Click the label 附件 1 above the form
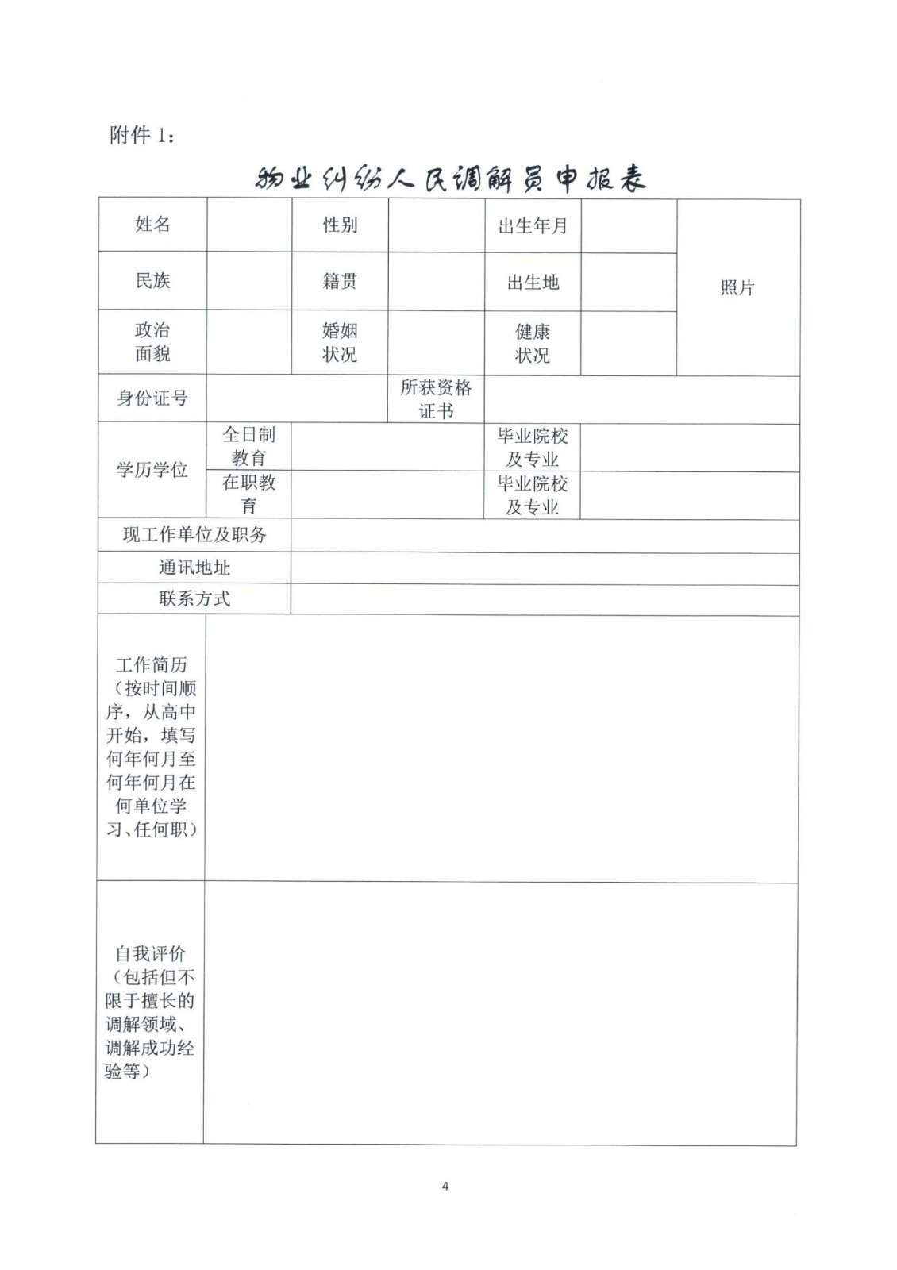pyautogui.click(x=141, y=135)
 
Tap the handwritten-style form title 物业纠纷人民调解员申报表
pyautogui.click(x=450, y=180)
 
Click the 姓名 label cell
pyautogui.click(x=152, y=225)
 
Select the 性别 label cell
pyautogui.click(x=340, y=225)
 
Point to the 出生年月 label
pyautogui.click(x=533, y=226)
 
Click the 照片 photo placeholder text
pyautogui.click(x=737, y=287)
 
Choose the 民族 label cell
pyautogui.click(x=152, y=280)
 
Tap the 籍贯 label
pyautogui.click(x=340, y=281)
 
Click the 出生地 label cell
pyautogui.click(x=533, y=283)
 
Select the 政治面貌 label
pyautogui.click(x=152, y=342)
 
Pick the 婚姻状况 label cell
pyautogui.click(x=340, y=342)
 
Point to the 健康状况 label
pyautogui.click(x=533, y=343)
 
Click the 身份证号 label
pyautogui.click(x=152, y=398)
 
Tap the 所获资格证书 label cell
pyautogui.click(x=436, y=399)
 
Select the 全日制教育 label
pyautogui.click(x=249, y=446)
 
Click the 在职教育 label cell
pyautogui.click(x=249, y=494)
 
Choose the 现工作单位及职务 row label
pyautogui.click(x=194, y=535)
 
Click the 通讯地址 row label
pyautogui.click(x=194, y=568)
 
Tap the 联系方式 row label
pyautogui.click(x=194, y=598)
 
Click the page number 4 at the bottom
pyautogui.click(x=445, y=1187)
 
